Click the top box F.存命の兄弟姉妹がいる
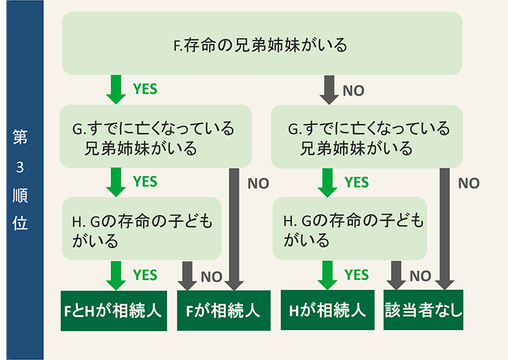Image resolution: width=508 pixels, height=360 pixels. coord(262,43)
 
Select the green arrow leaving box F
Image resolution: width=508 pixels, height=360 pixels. coord(116,89)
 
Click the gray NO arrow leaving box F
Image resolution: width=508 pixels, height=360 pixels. coord(329,89)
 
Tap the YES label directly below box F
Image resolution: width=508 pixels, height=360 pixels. coord(145,88)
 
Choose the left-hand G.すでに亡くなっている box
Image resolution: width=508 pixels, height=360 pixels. coord(155,136)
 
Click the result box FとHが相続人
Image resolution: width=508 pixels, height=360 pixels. coord(113,311)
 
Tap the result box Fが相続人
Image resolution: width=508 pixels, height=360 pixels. coord(224,311)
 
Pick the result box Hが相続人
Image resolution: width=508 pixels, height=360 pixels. coord(328,311)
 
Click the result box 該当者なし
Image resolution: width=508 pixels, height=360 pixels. coord(423,310)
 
